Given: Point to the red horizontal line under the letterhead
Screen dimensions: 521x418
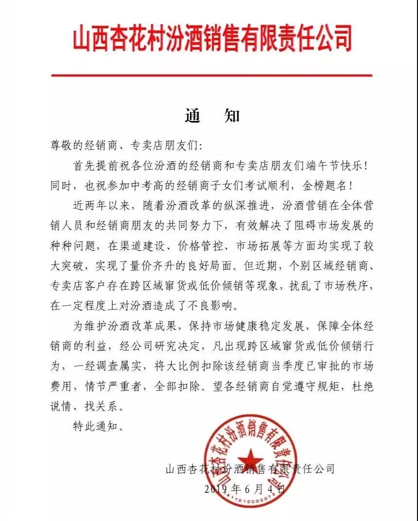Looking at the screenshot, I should point(212,75).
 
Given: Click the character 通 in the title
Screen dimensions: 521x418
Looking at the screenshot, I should point(193,117).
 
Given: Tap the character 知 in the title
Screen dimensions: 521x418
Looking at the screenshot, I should point(232,117).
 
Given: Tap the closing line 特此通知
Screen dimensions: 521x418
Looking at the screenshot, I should point(93,428).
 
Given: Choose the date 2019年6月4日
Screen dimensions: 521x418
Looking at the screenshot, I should point(245,489).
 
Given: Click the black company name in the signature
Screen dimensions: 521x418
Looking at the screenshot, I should point(250,469).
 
